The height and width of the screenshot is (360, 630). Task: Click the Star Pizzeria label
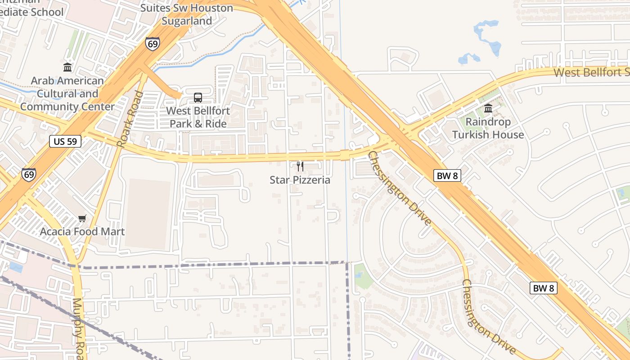pos(300,180)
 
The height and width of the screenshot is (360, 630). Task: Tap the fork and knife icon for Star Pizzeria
pos(300,166)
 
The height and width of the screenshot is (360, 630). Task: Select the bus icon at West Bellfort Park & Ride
pos(198,97)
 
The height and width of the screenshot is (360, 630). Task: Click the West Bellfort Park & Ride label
pos(198,117)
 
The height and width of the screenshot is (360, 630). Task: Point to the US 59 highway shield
pos(65,141)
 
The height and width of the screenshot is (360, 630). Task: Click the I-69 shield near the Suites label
pos(153,43)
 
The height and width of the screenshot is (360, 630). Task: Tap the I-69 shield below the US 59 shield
pos(28,175)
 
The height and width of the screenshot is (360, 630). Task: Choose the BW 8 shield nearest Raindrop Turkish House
pos(447,175)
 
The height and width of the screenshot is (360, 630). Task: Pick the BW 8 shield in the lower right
pos(543,288)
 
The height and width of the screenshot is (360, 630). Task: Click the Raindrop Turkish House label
pos(488,128)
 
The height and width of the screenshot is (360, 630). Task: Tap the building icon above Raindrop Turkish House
pos(488,108)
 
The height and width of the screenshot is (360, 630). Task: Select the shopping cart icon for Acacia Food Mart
pos(82,219)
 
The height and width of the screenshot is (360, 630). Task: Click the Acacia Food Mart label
pos(82,232)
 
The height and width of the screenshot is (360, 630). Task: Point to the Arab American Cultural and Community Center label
pos(67,94)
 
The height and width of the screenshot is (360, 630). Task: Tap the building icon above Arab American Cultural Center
pos(67,67)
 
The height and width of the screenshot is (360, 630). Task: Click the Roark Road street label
pos(130,119)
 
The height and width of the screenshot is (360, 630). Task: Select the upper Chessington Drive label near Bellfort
pos(400,188)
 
